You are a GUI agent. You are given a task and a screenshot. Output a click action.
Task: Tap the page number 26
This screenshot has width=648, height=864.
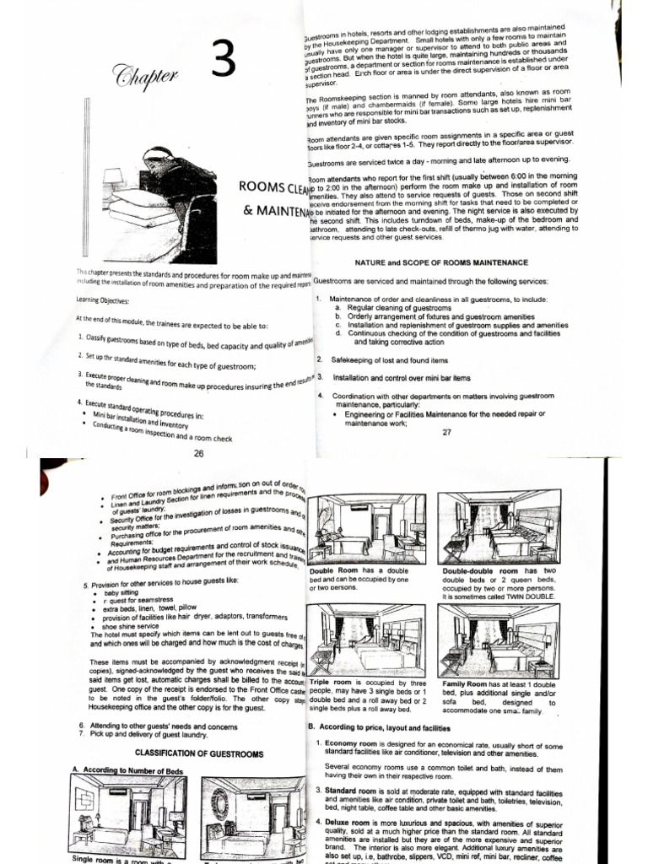pyautogui.click(x=199, y=454)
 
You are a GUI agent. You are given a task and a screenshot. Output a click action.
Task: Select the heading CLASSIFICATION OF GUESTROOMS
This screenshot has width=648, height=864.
pyautogui.click(x=199, y=753)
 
